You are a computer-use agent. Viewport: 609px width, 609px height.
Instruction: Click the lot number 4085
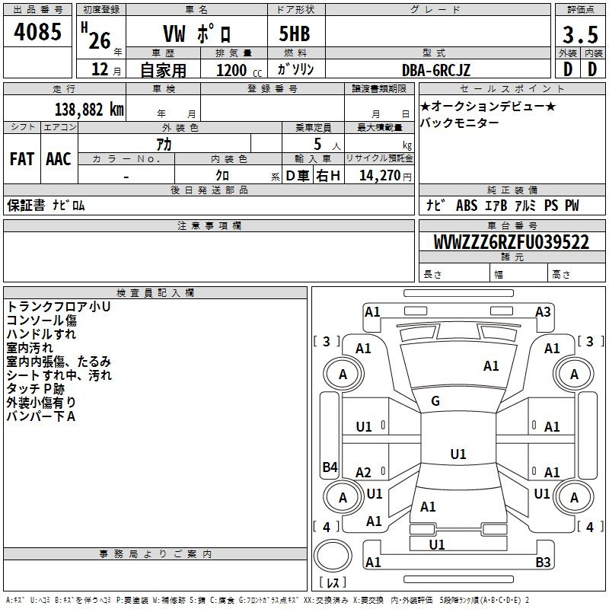37,32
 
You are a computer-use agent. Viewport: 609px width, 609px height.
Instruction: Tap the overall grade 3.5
580,35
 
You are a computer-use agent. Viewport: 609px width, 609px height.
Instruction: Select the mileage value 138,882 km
89,110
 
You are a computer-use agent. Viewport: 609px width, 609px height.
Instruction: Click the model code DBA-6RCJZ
435,70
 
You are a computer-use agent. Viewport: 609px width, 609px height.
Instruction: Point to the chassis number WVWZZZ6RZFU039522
511,242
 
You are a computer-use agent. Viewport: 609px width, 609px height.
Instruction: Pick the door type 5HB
295,33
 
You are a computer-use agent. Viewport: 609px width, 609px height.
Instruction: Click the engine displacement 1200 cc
239,70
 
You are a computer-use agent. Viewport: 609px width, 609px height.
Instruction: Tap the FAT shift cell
22,159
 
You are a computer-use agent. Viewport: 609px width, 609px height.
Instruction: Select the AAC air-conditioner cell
59,159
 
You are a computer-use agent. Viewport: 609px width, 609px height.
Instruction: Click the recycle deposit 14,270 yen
385,176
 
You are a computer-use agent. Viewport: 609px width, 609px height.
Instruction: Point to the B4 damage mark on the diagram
330,467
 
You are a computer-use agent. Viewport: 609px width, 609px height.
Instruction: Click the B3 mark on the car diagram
543,562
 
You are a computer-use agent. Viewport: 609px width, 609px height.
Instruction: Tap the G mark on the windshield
435,401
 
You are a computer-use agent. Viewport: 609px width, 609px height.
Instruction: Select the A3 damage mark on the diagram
543,312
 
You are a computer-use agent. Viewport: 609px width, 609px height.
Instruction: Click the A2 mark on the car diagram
363,472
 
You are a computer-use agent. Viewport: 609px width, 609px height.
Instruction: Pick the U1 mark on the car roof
458,454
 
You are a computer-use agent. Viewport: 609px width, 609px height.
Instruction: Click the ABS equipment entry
467,206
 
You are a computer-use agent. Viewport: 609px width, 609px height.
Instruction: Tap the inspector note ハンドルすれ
41,333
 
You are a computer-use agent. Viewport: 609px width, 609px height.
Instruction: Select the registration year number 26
100,41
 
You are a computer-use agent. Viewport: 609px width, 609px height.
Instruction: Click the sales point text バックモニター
460,123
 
